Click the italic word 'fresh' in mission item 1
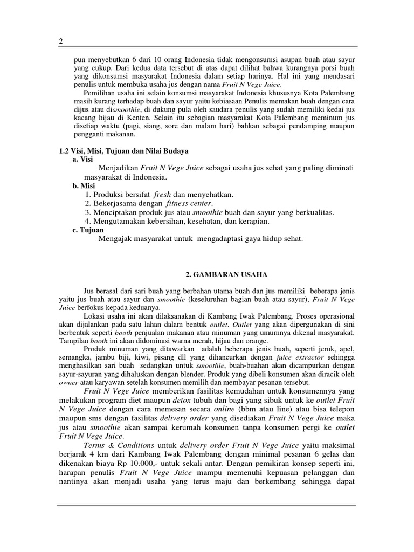162,194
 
